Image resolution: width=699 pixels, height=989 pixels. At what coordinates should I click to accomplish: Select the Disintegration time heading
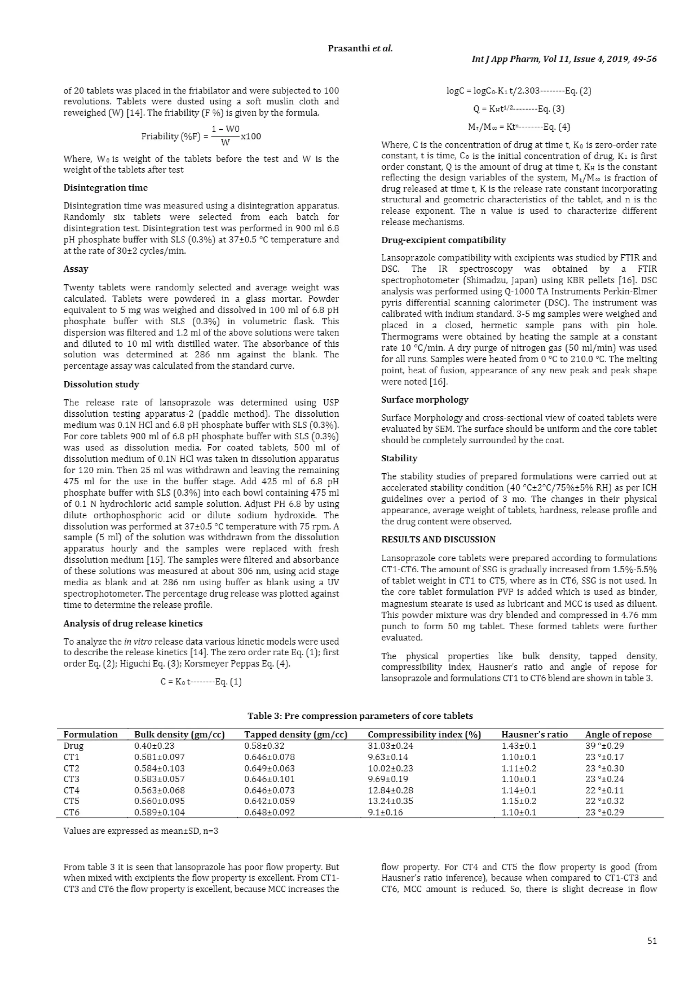105,187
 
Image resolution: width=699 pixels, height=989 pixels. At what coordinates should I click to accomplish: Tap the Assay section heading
76,269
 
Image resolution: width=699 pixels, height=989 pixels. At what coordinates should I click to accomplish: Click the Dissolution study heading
101,384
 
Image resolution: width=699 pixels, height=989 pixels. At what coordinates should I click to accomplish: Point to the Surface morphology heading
424,399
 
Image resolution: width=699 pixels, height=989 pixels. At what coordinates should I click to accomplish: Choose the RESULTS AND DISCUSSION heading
438,539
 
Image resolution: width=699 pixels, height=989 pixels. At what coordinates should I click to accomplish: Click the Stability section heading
399,458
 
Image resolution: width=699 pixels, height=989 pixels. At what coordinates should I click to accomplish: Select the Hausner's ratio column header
534,734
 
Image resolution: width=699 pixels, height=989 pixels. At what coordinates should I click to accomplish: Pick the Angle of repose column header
618,734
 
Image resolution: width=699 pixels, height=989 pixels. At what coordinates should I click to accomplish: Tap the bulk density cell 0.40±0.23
154,746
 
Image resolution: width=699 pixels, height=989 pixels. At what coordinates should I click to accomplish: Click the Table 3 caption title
360,716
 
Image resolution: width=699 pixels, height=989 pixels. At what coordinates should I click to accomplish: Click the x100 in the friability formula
251,137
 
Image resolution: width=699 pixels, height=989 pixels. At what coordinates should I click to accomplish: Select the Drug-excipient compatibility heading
443,240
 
